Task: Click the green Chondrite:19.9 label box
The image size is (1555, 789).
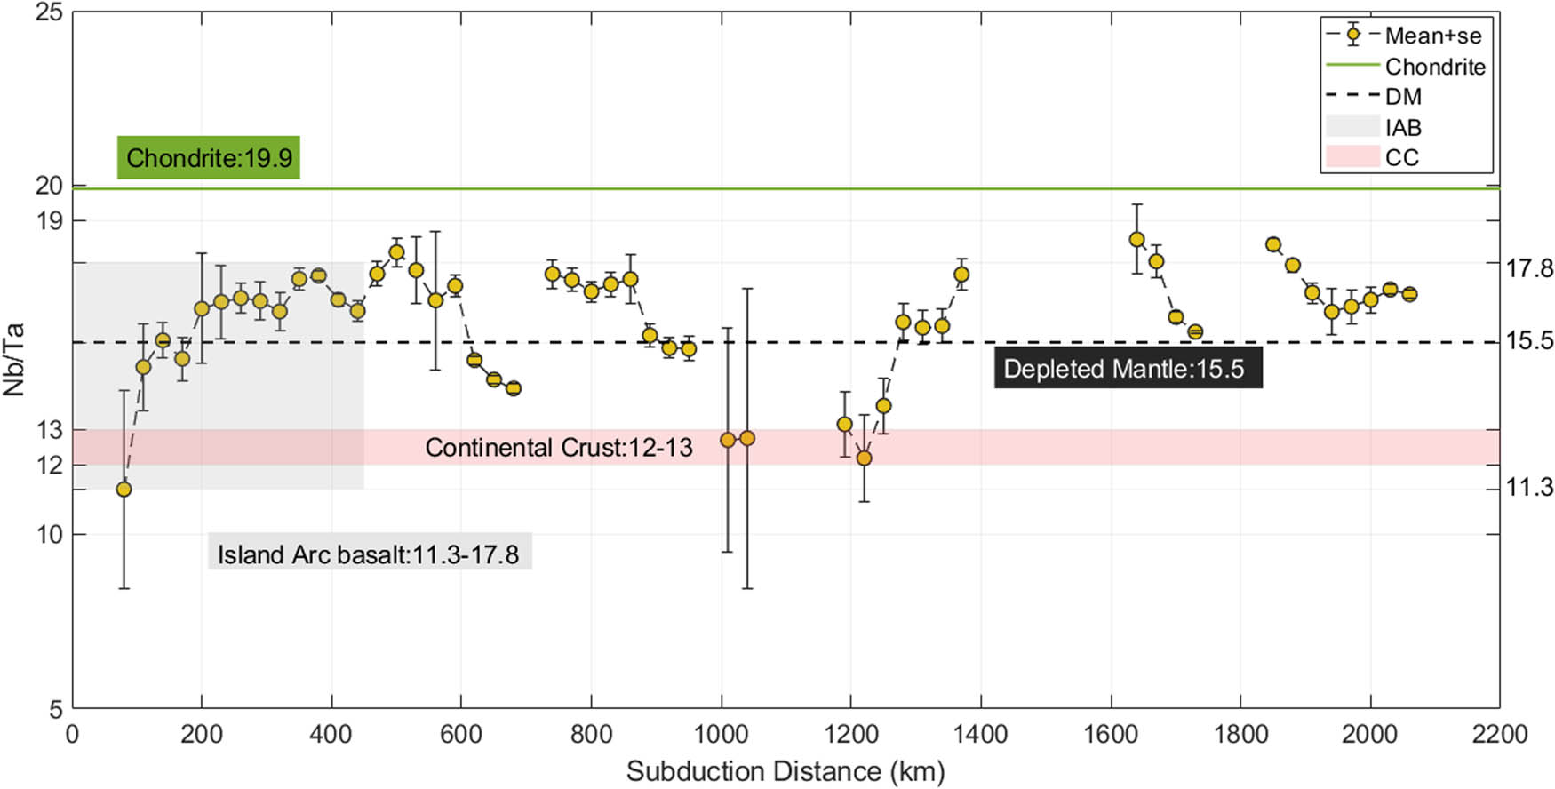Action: (209, 158)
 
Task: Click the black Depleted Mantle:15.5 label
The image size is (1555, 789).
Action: (1127, 369)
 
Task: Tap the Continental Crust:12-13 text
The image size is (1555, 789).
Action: (558, 447)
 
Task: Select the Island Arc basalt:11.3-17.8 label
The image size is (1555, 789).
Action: (369, 554)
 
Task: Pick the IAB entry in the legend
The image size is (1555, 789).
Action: (1403, 128)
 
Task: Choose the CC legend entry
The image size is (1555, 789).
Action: (1401, 158)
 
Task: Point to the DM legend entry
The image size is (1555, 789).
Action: (1403, 97)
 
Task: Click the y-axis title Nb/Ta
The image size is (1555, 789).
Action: (13, 359)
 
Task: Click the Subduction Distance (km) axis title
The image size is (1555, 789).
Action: (785, 771)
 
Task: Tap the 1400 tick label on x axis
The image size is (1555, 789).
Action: (981, 735)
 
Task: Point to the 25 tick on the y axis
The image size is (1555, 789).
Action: (48, 13)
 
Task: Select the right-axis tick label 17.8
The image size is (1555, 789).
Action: (1529, 267)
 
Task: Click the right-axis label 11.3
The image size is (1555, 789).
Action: (1529, 487)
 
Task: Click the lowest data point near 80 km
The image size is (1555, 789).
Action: (124, 490)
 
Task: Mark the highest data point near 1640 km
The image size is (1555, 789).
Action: (1136, 240)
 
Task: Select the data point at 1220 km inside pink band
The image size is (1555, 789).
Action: (864, 458)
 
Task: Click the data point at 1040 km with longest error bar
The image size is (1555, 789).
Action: (747, 439)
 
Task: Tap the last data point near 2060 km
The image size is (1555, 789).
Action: (1409, 294)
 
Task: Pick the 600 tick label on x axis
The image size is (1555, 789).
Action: (461, 735)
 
